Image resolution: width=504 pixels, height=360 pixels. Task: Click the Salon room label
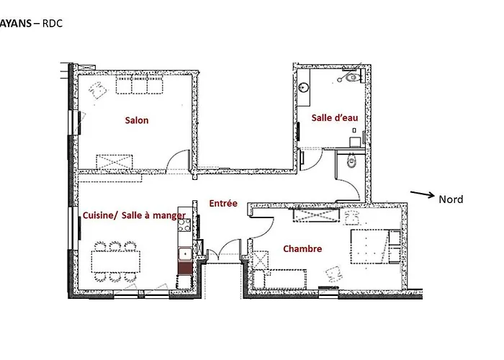137,120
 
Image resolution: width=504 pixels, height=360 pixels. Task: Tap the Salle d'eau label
335,117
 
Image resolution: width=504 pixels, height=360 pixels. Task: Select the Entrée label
223,203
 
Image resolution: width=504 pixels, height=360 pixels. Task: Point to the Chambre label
302,248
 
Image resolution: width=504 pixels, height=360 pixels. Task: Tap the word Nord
451,199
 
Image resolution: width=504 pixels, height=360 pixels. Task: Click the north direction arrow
422,194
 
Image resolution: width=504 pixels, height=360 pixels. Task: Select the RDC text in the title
53,24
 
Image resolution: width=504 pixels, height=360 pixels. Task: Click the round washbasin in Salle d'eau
304,87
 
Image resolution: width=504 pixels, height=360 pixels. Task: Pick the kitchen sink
185,254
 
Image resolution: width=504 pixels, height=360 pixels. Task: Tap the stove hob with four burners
184,225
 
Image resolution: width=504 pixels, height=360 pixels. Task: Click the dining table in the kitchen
116,261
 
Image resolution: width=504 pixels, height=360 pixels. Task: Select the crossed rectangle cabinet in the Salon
114,162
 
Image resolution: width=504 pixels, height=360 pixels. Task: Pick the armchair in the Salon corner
99,90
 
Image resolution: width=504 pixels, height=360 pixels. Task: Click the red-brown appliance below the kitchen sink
185,267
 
